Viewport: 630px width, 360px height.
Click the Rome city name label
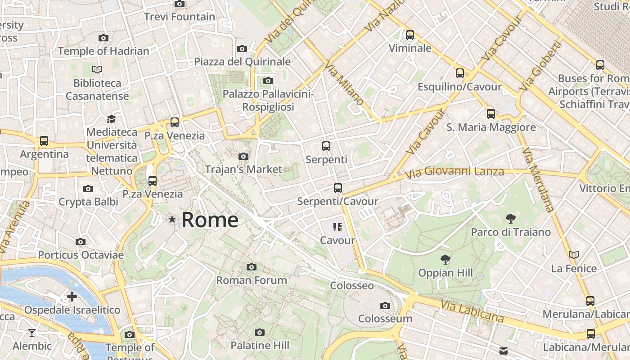point(210,220)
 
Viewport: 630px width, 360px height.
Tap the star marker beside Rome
point(172,220)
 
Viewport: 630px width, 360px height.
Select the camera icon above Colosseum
point(385,306)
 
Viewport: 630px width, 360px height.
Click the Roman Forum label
point(252,280)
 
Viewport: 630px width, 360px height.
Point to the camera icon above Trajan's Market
point(243,157)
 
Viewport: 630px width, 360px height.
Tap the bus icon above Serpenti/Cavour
point(337,188)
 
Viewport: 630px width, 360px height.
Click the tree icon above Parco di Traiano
point(510,219)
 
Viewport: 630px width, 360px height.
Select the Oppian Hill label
point(445,273)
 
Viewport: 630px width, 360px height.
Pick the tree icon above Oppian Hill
point(445,260)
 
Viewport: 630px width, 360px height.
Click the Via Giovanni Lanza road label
point(454,172)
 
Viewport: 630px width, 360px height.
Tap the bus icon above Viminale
point(409,35)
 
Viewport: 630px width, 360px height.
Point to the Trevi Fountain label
point(180,17)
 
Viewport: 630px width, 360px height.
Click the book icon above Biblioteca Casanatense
point(97,70)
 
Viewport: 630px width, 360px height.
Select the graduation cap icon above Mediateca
point(111,119)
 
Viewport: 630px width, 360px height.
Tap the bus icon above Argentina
point(44,141)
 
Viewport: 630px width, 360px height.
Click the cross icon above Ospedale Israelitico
point(72,297)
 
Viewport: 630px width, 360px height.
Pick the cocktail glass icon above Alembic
point(32,333)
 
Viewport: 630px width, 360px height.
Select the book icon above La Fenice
point(573,255)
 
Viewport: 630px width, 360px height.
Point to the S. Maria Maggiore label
point(491,127)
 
